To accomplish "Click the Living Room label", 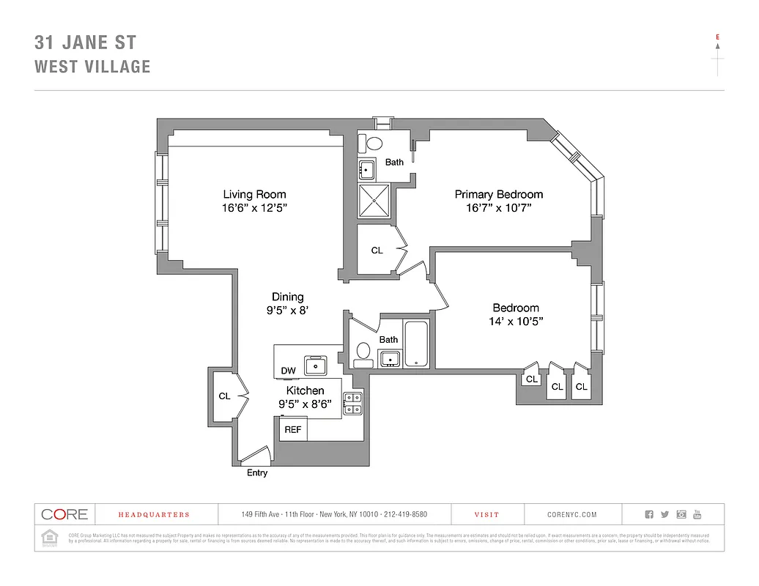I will point(254,194).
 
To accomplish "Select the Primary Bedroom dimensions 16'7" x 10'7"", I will point(498,208).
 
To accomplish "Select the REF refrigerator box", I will point(292,429).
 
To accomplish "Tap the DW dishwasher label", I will point(289,371).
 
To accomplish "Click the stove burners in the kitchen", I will point(353,404).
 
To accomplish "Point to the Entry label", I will point(257,473).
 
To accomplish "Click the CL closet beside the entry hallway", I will point(224,396).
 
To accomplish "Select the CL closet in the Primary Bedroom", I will point(377,251).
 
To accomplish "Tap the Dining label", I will point(287,297).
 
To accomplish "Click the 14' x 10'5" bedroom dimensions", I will point(516,322).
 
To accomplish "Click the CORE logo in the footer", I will point(64,514).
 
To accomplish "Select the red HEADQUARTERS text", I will point(154,515).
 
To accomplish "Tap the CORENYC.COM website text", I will point(571,515).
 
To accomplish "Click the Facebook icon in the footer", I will point(648,515).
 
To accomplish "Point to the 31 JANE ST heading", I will point(85,42).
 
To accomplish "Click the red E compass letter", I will point(717,36).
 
